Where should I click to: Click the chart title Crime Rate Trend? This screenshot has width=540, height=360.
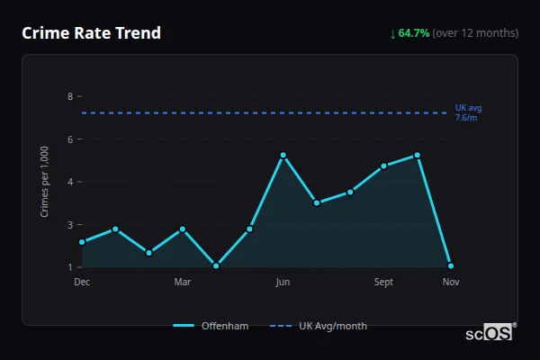[x=91, y=33]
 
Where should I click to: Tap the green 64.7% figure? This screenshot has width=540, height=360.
[x=413, y=33]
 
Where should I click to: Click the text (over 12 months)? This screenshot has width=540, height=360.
[x=475, y=33]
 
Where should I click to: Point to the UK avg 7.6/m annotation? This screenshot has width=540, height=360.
[x=468, y=112]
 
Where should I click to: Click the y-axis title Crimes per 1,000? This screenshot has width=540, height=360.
[x=44, y=181]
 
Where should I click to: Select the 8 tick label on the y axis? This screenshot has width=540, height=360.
[x=70, y=96]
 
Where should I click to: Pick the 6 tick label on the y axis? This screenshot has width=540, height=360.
[x=70, y=139]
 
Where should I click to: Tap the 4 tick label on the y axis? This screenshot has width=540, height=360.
[x=70, y=182]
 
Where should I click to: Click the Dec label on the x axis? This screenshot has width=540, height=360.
[x=82, y=282]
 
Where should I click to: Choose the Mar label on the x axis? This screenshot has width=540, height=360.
[x=183, y=282]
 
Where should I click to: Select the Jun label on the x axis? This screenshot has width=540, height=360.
[x=283, y=282]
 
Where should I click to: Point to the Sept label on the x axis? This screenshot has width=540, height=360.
[x=383, y=282]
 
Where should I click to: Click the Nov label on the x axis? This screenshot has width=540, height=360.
[x=451, y=282]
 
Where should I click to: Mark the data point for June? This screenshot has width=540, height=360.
[x=283, y=155]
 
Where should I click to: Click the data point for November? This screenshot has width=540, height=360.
[x=451, y=265]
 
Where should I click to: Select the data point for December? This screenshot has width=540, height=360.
[x=82, y=242]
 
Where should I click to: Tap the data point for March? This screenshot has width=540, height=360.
[x=183, y=229]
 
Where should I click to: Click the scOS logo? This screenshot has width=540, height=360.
[x=489, y=333]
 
